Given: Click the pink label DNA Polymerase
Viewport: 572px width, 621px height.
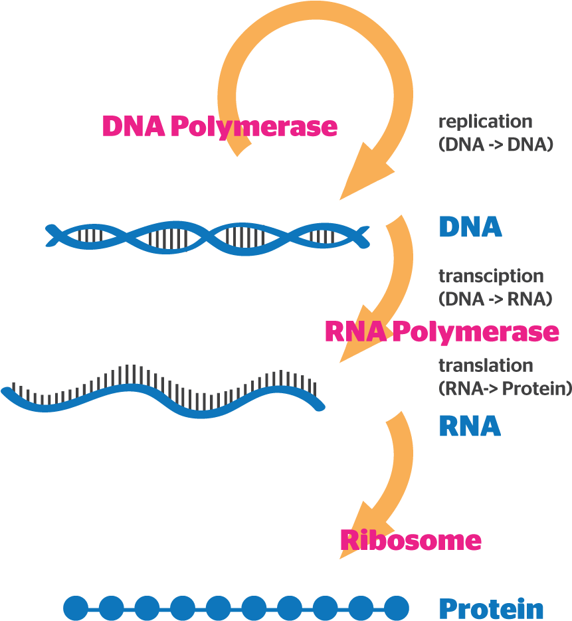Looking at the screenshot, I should point(219,126).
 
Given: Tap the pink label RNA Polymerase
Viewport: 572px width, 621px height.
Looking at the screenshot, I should point(442,331).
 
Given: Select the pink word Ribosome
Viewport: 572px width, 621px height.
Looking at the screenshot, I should point(410,540).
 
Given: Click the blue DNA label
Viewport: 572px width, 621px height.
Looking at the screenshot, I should point(470,228).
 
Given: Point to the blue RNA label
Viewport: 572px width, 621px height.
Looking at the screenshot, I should point(469,426).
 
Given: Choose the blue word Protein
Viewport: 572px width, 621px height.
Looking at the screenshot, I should point(491,608).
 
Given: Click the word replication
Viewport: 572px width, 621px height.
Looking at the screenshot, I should point(485,122).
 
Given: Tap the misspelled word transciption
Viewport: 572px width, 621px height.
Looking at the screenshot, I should point(490,276).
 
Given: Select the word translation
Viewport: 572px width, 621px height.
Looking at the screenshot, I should point(485,365).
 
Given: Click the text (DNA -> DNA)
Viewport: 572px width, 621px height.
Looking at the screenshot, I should point(496,144).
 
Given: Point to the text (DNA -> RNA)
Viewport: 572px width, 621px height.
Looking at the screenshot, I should point(495,299).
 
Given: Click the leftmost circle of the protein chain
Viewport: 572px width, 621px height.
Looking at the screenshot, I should point(76,607).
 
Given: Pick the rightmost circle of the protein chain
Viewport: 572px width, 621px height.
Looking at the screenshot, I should point(397,607).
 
